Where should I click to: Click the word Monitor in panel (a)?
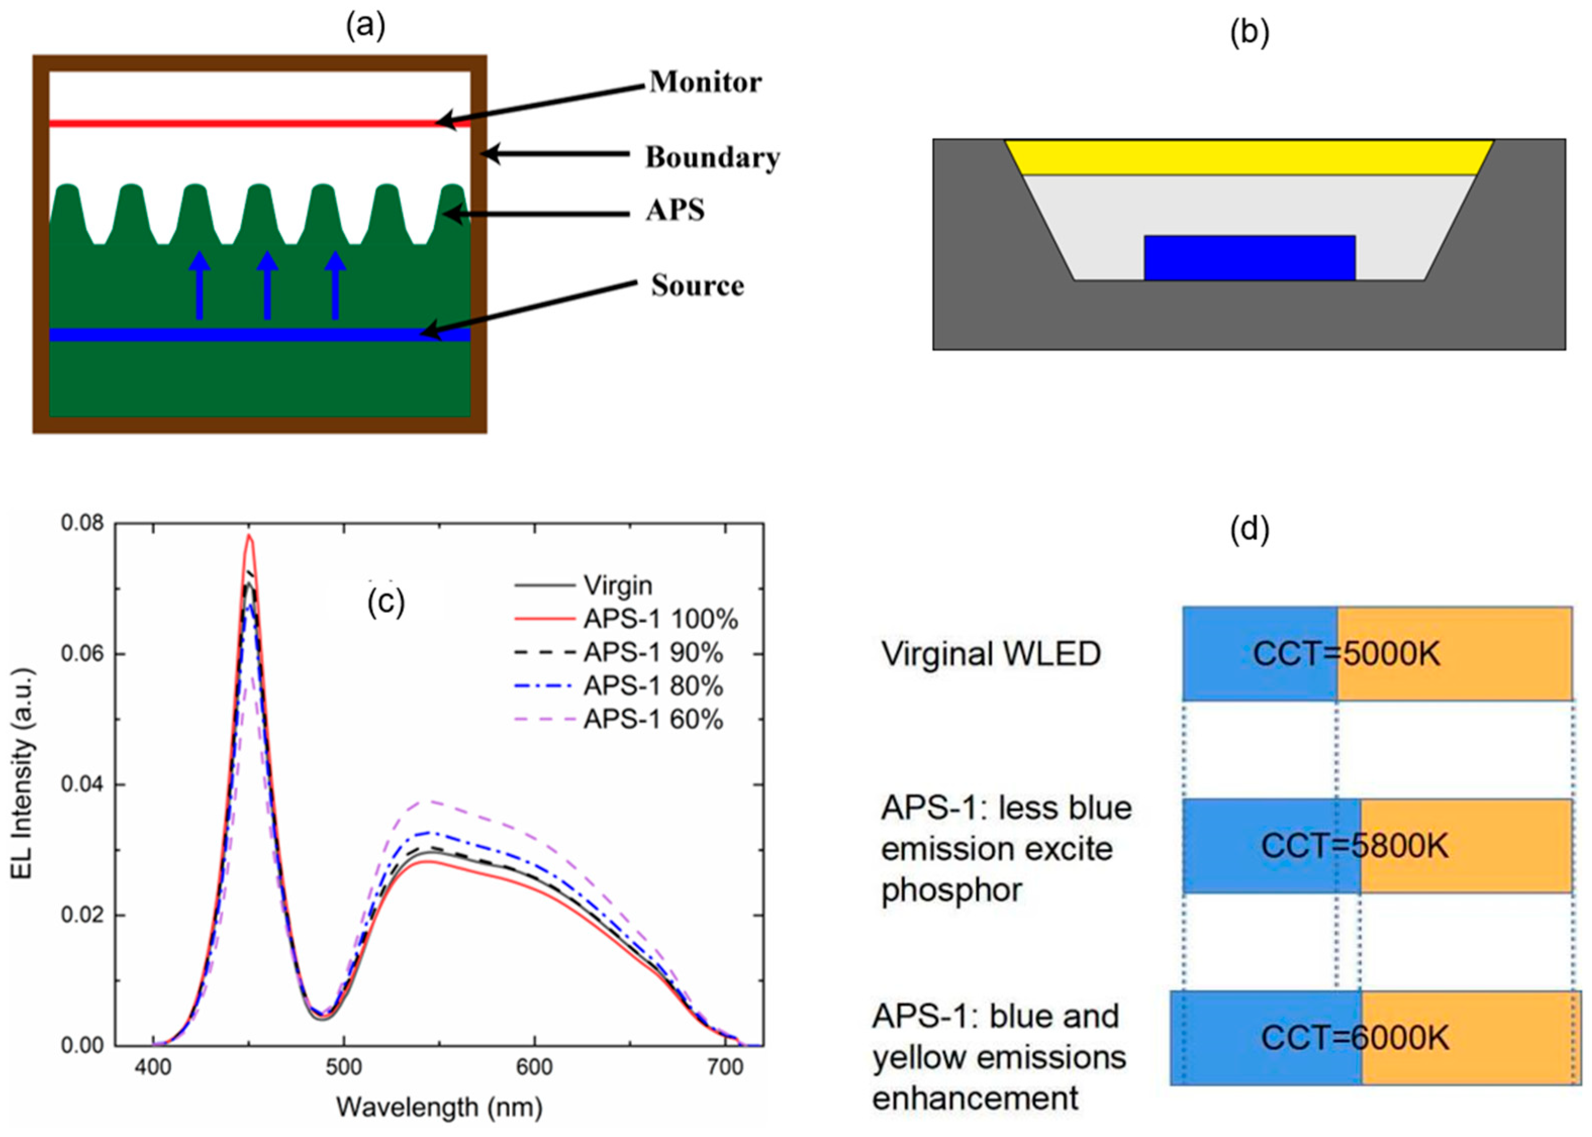705,83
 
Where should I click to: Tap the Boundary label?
712,158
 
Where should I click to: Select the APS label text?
675,210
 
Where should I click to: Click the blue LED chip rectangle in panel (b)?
1249,257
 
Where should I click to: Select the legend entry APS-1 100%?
660,619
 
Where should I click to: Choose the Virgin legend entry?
618,585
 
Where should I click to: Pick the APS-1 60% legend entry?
653,720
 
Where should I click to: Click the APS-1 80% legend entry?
653,686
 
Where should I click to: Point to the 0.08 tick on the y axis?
82,523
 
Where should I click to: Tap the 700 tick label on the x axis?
725,1068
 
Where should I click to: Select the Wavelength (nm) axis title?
439,1107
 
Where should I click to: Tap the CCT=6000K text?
1355,1038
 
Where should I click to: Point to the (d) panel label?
1249,530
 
